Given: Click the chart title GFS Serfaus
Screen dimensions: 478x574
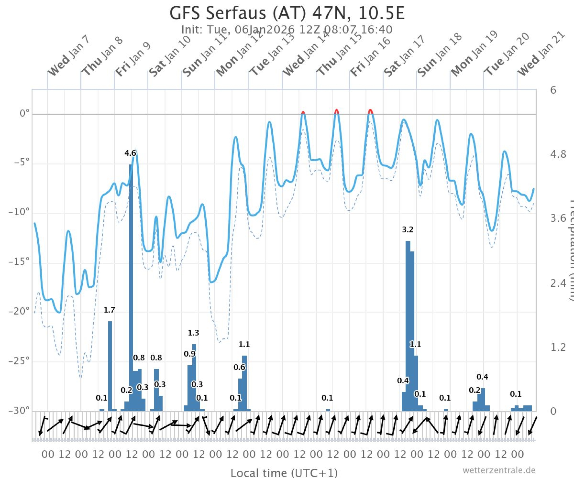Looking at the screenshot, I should (287, 13).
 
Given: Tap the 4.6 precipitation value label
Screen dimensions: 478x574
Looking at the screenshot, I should (130, 153).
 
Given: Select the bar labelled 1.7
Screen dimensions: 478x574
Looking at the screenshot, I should (110, 366).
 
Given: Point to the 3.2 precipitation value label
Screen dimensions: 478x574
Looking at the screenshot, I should (408, 229).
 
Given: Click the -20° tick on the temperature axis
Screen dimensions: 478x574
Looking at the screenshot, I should (19, 311).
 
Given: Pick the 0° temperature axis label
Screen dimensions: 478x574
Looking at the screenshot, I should (24, 114).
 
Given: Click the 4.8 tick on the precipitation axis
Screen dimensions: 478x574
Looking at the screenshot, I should (558, 155).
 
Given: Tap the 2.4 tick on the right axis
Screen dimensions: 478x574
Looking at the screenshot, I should (558, 283).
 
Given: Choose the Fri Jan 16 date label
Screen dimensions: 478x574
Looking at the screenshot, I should (370, 57).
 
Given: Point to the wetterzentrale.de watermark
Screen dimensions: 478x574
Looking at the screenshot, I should (499, 470).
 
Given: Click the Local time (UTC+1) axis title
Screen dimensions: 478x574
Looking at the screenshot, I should (284, 473).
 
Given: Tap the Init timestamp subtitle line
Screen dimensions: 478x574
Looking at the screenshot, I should (287, 30).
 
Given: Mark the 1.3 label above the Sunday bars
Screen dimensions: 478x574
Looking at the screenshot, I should (193, 333).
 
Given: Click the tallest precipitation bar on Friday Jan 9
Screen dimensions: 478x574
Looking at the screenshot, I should (131, 287).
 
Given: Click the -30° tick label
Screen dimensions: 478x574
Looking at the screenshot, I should (19, 411).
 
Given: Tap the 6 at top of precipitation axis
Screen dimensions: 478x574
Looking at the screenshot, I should (553, 90).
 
